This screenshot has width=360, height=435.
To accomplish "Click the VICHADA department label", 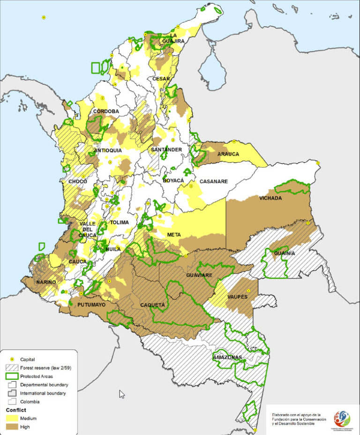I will (270, 198).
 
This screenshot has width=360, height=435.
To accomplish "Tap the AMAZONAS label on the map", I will (227, 358).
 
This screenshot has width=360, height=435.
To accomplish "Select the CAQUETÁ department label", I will (152, 305).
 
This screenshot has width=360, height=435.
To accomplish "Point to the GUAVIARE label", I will (200, 275).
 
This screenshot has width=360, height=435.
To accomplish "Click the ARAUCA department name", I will (228, 154).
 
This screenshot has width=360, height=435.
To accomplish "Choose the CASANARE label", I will (214, 181).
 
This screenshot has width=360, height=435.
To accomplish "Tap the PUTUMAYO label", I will (91, 304).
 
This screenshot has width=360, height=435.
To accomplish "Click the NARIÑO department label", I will (46, 282).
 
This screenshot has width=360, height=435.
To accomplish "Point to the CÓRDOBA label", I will (106, 111).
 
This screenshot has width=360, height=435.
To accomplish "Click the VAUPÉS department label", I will (237, 297).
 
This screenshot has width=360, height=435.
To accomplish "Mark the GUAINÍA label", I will (285, 253).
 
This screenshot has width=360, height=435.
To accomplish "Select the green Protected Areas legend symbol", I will (11, 376).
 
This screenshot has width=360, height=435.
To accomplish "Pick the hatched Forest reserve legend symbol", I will (11, 368).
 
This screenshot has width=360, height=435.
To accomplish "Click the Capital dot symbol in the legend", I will (11, 359).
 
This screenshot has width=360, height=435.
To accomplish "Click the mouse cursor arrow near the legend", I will (121, 394).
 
